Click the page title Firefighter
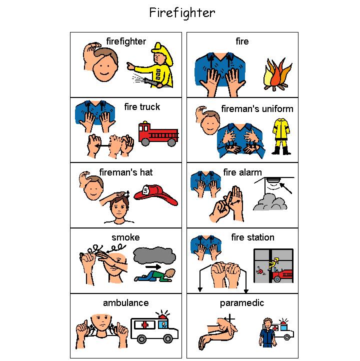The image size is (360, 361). coord(182,12)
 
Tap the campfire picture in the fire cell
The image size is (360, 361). coord(277,75)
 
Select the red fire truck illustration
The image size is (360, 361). coord(157,133)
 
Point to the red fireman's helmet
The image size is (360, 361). coord(156,195)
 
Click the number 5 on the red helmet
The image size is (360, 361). coord(145,190)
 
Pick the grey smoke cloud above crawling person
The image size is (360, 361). coord(154,255)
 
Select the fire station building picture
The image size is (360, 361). coord(273,266)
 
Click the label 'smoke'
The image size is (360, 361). coord(125,237)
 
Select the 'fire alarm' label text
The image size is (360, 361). coord(242,172)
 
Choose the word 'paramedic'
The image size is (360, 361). coord(242,303)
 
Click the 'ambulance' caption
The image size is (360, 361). coord(125,303)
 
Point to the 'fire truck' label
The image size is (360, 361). coord(142,106)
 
